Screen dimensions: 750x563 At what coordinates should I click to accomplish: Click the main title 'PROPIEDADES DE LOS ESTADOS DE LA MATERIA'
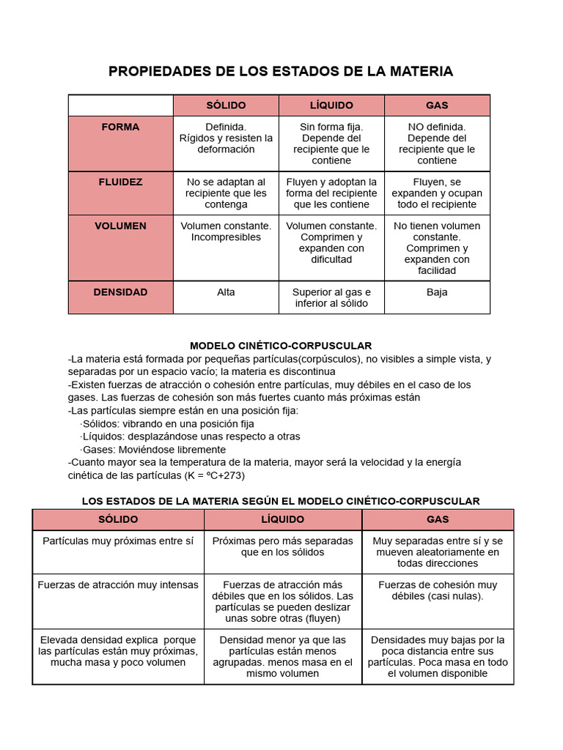pyautogui.click(x=281, y=71)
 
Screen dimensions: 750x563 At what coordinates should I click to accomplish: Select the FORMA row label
pyautogui.click(x=120, y=127)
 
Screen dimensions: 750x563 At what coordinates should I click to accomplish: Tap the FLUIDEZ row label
pyautogui.click(x=120, y=182)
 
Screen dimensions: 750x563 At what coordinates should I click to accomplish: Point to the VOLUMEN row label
pyautogui.click(x=120, y=226)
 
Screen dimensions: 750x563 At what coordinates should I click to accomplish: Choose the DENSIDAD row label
pyautogui.click(x=120, y=292)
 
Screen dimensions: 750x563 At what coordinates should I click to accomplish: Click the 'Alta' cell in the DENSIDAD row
pyautogui.click(x=226, y=292)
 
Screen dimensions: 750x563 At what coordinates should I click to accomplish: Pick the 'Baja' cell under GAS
pyautogui.click(x=437, y=292)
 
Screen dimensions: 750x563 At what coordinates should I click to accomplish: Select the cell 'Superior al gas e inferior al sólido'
pyautogui.click(x=331, y=297)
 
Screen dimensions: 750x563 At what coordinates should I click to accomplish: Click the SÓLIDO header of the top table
pyautogui.click(x=226, y=105)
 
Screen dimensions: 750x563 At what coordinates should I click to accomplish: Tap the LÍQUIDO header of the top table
pyautogui.click(x=331, y=105)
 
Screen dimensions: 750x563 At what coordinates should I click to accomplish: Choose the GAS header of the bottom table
pyautogui.click(x=438, y=519)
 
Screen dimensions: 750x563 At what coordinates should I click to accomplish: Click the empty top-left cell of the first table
pyautogui.click(x=120, y=105)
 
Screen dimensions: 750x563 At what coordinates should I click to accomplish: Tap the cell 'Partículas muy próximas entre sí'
pyautogui.click(x=118, y=541)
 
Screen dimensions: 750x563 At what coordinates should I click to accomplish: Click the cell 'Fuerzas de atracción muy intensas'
pyautogui.click(x=118, y=585)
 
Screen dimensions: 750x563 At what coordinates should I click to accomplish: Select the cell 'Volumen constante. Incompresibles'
pyautogui.click(x=226, y=231)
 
